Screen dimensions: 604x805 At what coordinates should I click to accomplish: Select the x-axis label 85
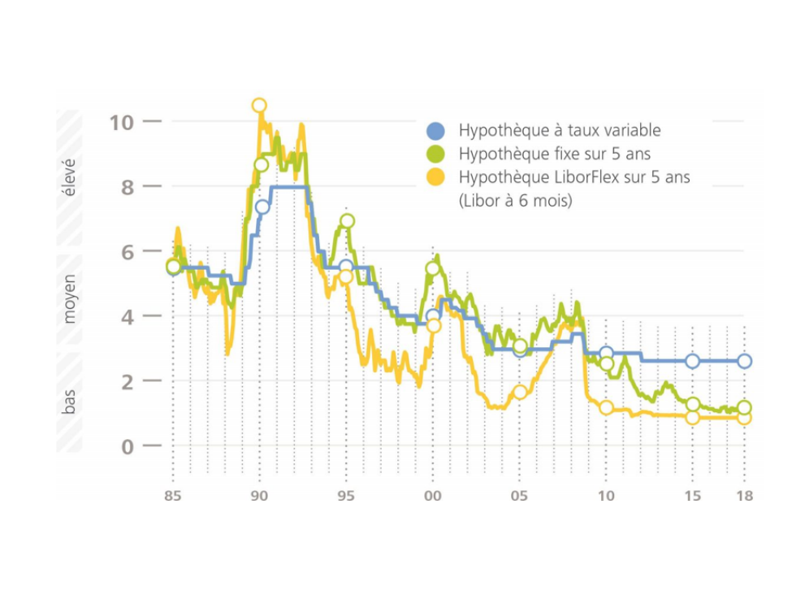point(173,496)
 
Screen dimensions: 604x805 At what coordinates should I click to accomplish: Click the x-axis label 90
point(259,496)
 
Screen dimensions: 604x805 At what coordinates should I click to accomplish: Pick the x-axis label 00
point(432,496)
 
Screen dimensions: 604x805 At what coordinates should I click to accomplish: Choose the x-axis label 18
point(744,496)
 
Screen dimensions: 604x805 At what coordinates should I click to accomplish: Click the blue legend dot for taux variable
point(436,131)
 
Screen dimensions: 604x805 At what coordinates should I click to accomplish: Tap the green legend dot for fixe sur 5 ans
point(436,154)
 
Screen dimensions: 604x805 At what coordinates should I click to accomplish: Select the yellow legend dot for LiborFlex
point(436,177)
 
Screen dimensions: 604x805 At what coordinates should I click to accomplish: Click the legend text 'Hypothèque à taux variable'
point(560,130)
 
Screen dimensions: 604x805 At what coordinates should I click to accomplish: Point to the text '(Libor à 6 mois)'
point(515,200)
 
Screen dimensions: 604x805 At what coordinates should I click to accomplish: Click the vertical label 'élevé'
point(70,176)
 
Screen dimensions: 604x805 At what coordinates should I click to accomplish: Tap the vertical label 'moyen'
point(70,298)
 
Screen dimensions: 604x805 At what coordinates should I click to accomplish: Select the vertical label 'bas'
point(70,401)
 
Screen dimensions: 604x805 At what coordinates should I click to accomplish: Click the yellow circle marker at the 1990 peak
point(259,105)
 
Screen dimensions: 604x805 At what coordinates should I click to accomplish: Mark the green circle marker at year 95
point(347,220)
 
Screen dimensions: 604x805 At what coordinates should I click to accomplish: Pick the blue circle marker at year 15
point(692,361)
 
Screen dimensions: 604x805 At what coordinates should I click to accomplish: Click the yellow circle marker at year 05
point(520,393)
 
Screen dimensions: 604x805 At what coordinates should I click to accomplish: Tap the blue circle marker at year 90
point(262,206)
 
